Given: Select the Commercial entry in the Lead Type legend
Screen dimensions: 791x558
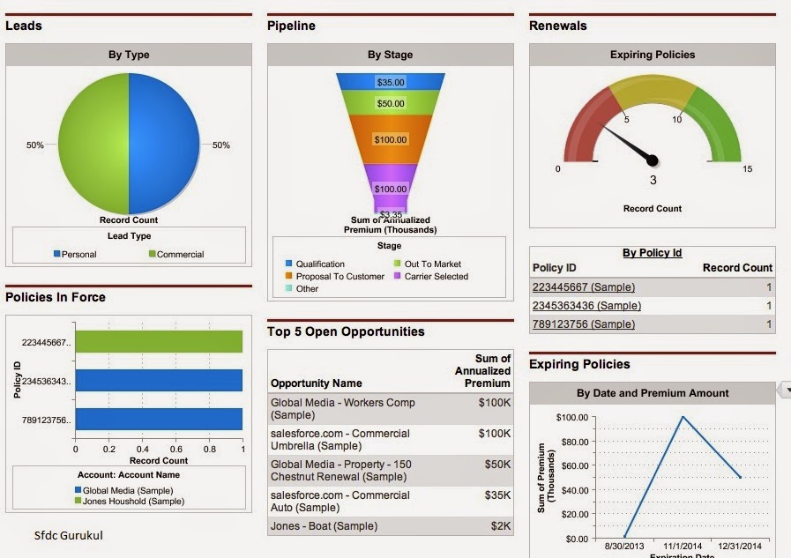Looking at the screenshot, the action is (176, 254).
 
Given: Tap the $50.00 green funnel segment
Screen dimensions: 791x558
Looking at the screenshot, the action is (391, 103).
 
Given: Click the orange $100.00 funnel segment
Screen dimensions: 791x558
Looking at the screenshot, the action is (391, 139).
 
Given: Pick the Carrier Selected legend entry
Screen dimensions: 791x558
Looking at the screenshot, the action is (431, 276).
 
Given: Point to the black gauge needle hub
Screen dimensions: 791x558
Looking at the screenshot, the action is (653, 160).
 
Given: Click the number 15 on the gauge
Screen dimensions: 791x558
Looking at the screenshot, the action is (747, 169).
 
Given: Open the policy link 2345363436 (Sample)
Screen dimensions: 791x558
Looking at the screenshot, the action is (586, 306).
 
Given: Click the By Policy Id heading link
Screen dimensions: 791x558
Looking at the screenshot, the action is (653, 252).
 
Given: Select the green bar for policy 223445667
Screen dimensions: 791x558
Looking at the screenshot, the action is (159, 342).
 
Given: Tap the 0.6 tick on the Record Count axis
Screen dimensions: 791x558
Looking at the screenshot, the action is (176, 449).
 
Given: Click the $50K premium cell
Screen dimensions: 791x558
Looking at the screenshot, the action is (497, 465).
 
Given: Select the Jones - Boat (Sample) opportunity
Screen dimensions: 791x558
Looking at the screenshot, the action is (324, 525).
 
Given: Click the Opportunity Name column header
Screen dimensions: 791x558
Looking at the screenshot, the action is (317, 383).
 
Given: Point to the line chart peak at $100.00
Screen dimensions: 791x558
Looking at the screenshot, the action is (683, 416).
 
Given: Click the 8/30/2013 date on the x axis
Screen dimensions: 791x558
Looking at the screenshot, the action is (624, 546).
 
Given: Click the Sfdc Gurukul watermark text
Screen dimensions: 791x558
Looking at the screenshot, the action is (69, 535).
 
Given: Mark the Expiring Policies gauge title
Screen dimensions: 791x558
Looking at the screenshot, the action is (653, 55).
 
